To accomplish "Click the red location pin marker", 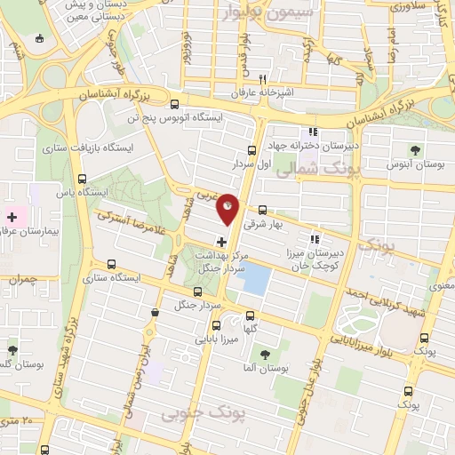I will pyautogui.click(x=228, y=209).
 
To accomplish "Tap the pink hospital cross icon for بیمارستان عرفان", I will pyautogui.click(x=12, y=216).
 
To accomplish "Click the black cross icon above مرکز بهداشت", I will pyautogui.click(x=221, y=242).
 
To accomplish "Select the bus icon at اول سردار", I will pyautogui.click(x=251, y=150).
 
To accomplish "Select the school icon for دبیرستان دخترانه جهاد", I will pyautogui.click(x=313, y=132).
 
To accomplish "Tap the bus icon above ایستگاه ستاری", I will pyautogui.click(x=111, y=264).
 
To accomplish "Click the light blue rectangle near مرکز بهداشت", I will pyautogui.click(x=256, y=280).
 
